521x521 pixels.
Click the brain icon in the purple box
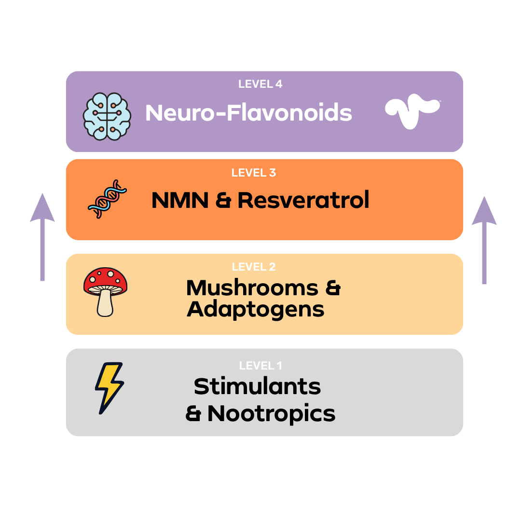(107, 116)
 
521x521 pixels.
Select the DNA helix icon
(108, 199)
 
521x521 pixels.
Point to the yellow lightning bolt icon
(109, 388)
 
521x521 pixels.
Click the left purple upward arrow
(42, 236)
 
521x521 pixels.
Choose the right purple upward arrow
(484, 239)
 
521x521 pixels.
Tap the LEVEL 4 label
(260, 84)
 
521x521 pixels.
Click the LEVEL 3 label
(254, 173)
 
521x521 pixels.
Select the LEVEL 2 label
(254, 267)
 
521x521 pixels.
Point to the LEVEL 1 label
(260, 366)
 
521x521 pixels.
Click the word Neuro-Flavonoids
(248, 113)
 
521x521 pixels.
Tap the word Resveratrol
(303, 200)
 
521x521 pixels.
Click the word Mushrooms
(252, 288)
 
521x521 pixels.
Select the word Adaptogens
(256, 309)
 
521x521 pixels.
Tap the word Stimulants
(257, 386)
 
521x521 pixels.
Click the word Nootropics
(271, 413)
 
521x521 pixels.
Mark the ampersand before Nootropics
(193, 414)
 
